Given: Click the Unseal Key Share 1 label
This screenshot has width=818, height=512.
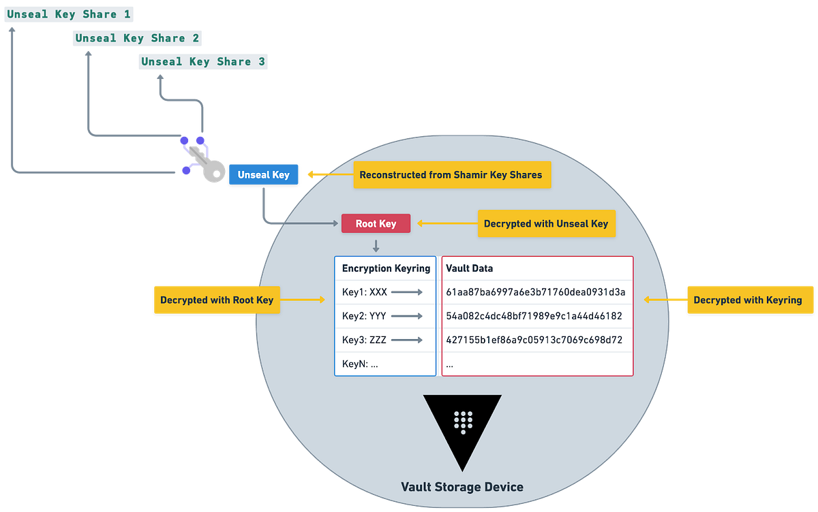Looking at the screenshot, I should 68,14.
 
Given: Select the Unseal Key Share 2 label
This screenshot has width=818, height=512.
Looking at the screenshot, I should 137,38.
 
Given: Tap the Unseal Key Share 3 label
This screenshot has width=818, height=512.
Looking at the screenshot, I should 203,62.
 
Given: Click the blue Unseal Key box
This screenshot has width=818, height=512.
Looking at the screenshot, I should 263,175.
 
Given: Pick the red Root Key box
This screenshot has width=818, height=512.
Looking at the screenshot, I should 376,223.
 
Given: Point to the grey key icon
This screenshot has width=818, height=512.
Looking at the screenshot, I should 207,167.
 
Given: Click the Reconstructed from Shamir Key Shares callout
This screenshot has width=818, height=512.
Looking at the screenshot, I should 451,175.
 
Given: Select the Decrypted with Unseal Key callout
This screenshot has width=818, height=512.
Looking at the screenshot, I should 545,223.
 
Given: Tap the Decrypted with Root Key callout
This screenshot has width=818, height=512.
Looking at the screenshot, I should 217,300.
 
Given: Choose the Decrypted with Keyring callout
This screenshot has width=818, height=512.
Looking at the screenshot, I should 747,300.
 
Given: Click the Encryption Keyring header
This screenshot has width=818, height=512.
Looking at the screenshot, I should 385,268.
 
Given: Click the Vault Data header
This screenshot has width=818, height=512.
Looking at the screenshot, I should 469,268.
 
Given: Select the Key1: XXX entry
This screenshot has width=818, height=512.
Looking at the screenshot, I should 365,292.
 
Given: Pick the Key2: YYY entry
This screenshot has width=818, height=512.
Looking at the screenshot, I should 365,316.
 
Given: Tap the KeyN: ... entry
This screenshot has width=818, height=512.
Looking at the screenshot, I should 360,364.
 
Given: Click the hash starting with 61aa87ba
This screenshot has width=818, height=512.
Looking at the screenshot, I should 536,292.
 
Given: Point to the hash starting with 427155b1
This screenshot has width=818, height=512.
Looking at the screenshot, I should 534,340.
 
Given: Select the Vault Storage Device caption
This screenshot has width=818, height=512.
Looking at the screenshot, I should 462,487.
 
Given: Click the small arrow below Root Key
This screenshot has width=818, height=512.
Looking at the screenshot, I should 376,244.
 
